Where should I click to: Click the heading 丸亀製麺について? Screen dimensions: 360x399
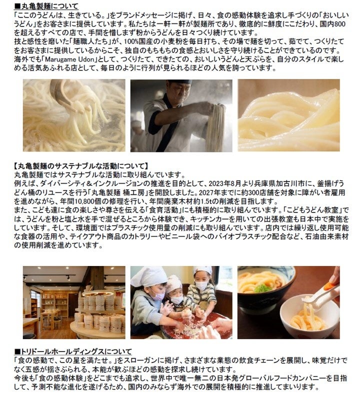point(49,6)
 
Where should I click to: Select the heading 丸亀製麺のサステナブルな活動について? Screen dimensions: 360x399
point(81,166)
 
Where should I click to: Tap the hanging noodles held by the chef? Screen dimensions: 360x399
point(215,127)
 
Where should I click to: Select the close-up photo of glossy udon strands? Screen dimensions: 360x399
point(289,115)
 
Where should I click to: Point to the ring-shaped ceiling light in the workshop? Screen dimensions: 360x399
point(97,294)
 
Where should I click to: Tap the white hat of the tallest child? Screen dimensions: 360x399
point(202,270)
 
